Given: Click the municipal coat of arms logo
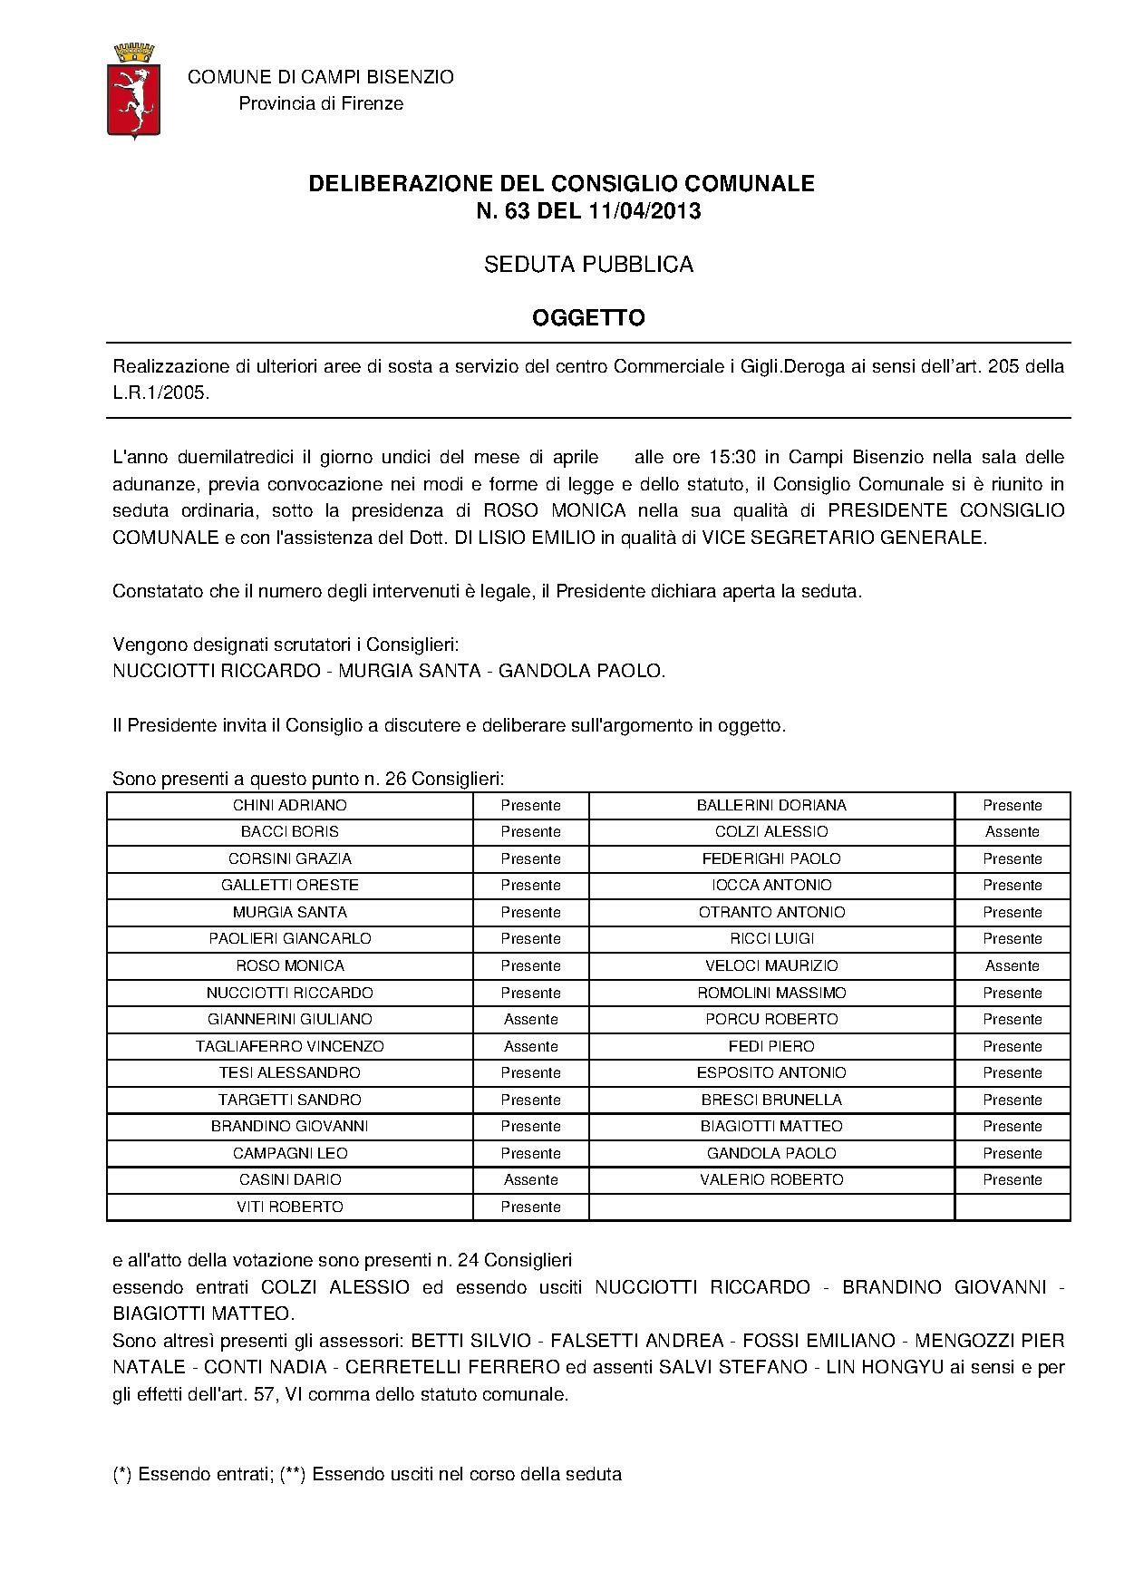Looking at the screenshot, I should [134, 90].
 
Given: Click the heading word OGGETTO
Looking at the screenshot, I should [588, 317].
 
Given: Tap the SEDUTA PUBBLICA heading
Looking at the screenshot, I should [588, 265].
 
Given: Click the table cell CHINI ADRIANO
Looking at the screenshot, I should [290, 805].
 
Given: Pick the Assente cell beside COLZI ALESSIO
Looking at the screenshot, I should [1012, 831].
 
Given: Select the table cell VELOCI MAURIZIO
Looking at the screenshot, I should [771, 965].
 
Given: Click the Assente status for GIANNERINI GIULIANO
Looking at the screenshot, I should [530, 1019].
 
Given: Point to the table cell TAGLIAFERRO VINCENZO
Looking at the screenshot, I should [290, 1046].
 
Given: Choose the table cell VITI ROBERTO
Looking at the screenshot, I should [290, 1207].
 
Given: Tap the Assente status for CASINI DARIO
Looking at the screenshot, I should [530, 1179].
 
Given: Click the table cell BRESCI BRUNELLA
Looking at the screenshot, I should [771, 1100].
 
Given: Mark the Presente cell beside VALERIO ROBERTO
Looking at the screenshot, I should [1012, 1179].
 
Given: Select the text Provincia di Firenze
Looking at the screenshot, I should [321, 103].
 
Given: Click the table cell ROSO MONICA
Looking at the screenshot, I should [290, 965].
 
